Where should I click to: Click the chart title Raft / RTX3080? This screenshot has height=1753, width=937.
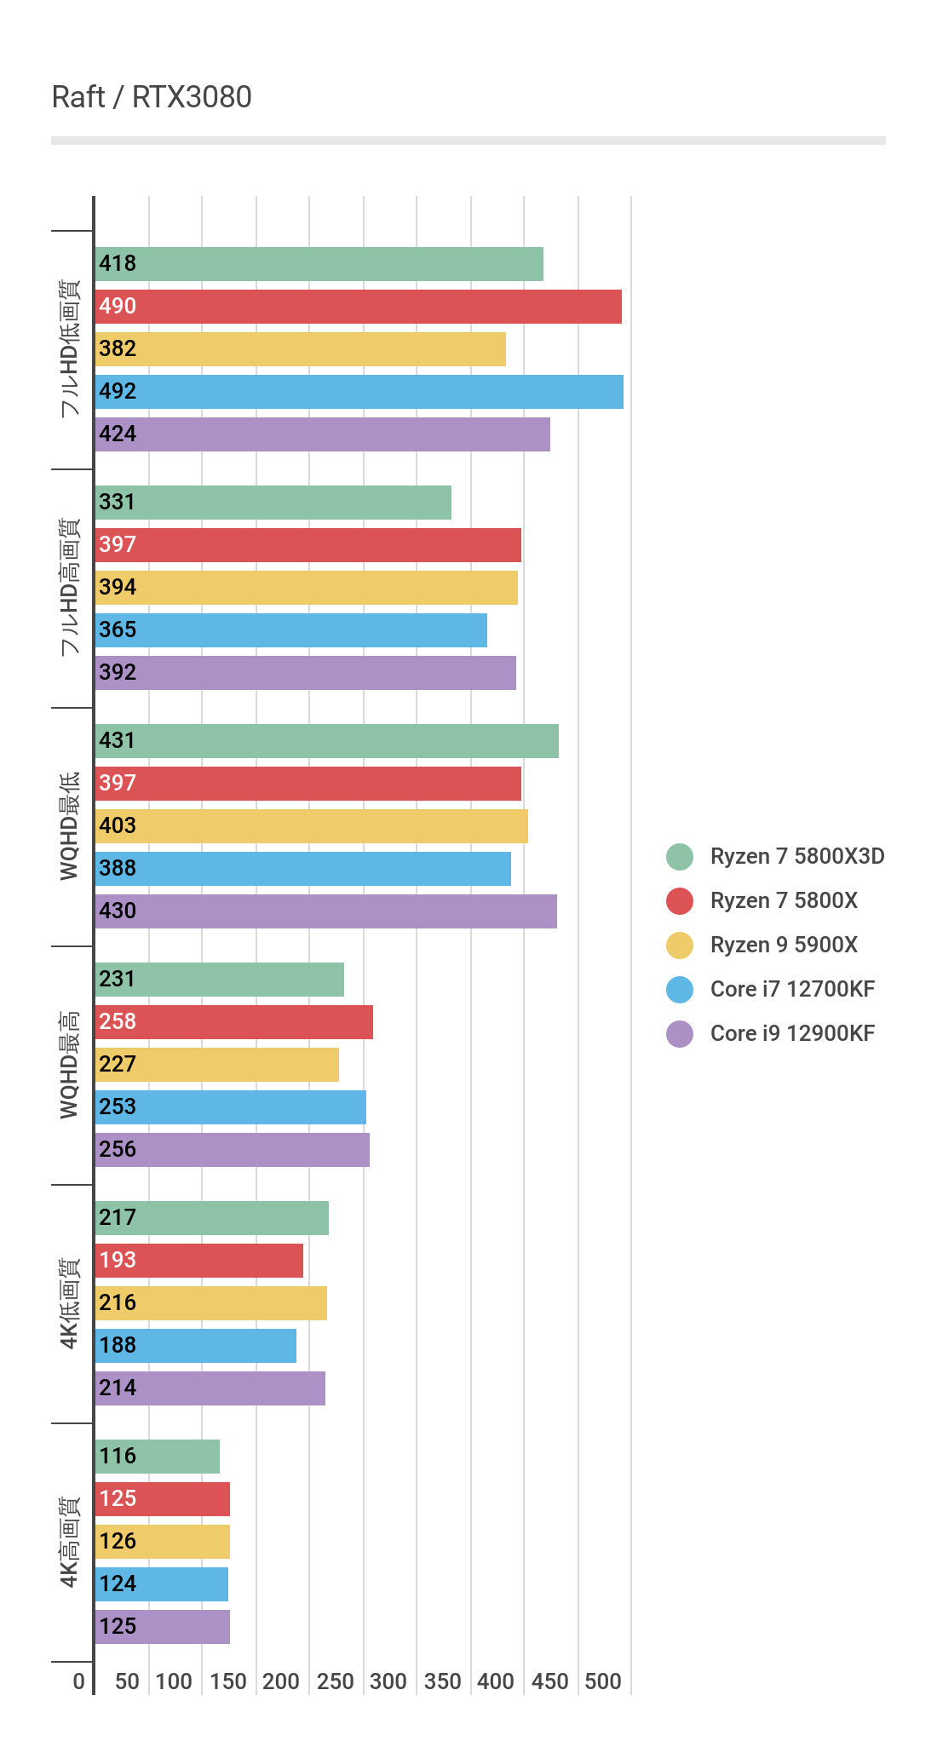pyautogui.click(x=152, y=98)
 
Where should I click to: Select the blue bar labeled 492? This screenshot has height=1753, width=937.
pyautogui.click(x=359, y=392)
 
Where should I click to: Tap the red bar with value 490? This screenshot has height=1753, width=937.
pyautogui.click(x=358, y=307)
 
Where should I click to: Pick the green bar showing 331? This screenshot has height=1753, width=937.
pyautogui.click(x=273, y=503)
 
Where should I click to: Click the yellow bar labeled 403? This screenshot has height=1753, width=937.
pyautogui.click(x=311, y=826)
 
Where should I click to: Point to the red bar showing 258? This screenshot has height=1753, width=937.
pyautogui.click(x=233, y=1022)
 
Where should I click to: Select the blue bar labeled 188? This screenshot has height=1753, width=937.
pyautogui.click(x=195, y=1346)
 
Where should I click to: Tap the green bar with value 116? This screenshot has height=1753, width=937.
pyautogui.click(x=157, y=1457)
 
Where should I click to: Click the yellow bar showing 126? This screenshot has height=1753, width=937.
pyautogui.click(x=162, y=1542)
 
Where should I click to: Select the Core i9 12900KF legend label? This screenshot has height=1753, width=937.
pyautogui.click(x=792, y=1034)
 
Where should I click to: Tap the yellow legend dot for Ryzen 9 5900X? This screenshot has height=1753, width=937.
pyautogui.click(x=680, y=945)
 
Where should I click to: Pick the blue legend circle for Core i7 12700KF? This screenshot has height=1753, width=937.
pyautogui.click(x=680, y=990)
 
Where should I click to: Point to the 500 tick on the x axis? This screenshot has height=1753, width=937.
pyautogui.click(x=603, y=1681)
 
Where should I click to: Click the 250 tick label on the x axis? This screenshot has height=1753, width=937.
pyautogui.click(x=335, y=1681)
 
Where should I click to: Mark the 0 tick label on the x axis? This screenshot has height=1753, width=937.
pyautogui.click(x=79, y=1681)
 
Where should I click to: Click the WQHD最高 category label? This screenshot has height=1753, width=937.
pyautogui.click(x=70, y=1065)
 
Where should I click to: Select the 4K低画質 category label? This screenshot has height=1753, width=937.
pyautogui.click(x=70, y=1303)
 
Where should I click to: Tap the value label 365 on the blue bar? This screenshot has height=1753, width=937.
pyautogui.click(x=118, y=630)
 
